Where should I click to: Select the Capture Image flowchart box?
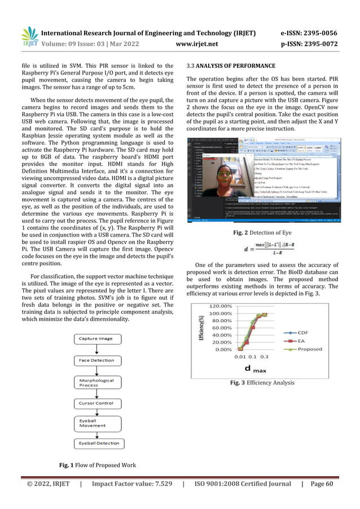tap(96, 339)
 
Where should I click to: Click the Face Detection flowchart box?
tap(96, 359)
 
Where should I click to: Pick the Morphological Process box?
tap(96, 383)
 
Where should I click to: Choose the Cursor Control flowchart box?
tap(96, 403)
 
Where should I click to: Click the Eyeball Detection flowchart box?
tap(96, 444)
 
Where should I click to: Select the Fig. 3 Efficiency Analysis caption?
tap(262, 383)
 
